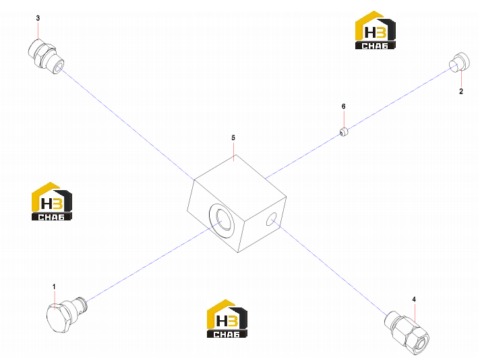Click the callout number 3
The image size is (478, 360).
pyautogui.click(x=38, y=18)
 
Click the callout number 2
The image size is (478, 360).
pyautogui.click(x=461, y=91)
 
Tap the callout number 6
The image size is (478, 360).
pyautogui.click(x=344, y=107)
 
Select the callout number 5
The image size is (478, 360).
pyautogui.click(x=233, y=138)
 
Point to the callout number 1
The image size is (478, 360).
pyautogui.click(x=54, y=287)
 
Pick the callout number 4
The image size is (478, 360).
pyautogui.click(x=414, y=299)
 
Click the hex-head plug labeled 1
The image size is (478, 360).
pyautogui.click(x=67, y=314)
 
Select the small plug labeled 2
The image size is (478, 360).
pyautogui.click(x=459, y=62)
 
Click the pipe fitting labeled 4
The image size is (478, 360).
pyautogui.click(x=407, y=332)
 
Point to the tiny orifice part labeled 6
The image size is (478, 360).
pyautogui.click(x=344, y=131)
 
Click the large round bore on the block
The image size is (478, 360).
pyautogui.click(x=222, y=220)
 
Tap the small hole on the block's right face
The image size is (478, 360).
pyautogui.click(x=271, y=219)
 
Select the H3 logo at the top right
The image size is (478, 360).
pyautogui.click(x=376, y=30)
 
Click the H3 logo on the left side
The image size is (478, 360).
pyautogui.click(x=52, y=201)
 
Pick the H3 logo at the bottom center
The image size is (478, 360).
pyautogui.click(x=227, y=319)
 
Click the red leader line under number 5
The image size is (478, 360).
pyautogui.click(x=234, y=152)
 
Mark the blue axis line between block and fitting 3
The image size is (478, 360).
pyautogui.click(x=128, y=124)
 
